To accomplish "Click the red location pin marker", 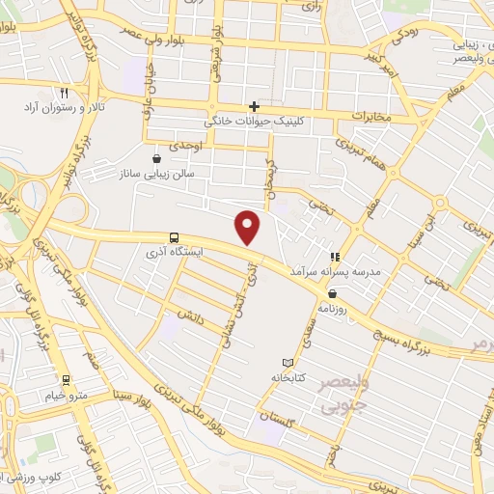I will tap(249, 228).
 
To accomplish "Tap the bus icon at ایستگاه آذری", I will tap(174, 236).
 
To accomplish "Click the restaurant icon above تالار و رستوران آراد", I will tap(64, 94).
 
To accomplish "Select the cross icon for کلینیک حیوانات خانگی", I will tap(254, 106).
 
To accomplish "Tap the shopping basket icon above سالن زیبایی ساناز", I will tap(156, 157).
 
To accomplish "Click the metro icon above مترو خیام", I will tap(66, 379).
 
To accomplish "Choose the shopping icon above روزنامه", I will tap(333, 293).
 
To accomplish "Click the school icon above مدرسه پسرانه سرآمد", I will tap(335, 257).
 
